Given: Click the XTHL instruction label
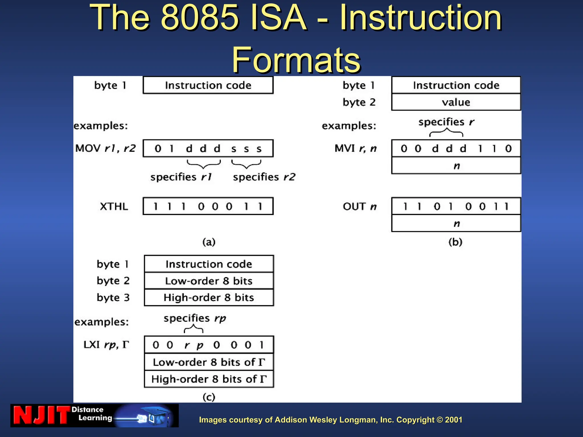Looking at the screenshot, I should click(x=114, y=206).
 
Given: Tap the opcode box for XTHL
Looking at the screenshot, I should click(x=208, y=206).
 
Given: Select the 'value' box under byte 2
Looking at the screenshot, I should click(x=456, y=102).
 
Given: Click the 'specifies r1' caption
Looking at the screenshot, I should click(x=181, y=177).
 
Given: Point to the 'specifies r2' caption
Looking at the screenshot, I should click(x=264, y=177).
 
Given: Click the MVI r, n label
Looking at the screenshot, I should click(x=356, y=148).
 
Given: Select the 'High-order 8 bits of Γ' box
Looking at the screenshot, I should click(x=209, y=379).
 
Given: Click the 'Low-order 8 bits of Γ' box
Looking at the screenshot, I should click(x=209, y=362).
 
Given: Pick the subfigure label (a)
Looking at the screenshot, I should click(x=209, y=242).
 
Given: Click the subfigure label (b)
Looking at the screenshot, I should click(x=455, y=242).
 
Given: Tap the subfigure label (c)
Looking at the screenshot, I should click(x=209, y=397).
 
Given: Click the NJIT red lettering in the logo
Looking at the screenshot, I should click(x=41, y=415).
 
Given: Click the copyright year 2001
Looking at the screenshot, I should click(x=453, y=420).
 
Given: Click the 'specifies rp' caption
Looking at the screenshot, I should click(x=195, y=318).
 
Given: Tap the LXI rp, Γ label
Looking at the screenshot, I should click(x=106, y=345).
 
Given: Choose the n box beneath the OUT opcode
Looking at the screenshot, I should click(x=456, y=223).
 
